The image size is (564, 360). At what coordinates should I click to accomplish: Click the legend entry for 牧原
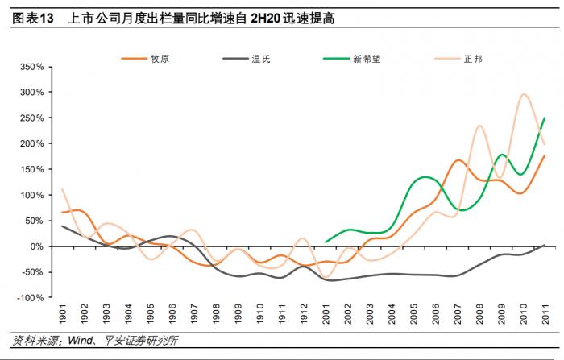[145, 59]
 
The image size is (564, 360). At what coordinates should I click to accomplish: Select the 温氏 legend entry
[247, 59]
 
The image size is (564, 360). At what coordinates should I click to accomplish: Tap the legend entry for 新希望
[352, 59]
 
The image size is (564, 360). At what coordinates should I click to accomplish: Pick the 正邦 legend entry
[458, 59]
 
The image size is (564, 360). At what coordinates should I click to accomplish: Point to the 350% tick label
[32, 67]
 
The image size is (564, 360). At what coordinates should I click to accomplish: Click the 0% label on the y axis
[37, 246]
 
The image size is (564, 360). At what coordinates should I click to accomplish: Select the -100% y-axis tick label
[31, 298]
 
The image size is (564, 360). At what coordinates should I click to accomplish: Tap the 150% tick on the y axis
[32, 169]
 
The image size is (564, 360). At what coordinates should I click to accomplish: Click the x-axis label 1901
[63, 314]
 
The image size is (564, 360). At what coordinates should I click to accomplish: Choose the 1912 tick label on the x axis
[305, 314]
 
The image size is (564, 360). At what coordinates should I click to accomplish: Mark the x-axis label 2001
[326, 314]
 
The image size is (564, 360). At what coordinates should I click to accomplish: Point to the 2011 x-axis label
[546, 314]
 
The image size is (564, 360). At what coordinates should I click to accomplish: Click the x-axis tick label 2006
[436, 314]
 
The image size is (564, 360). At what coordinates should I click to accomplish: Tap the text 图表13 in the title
[33, 19]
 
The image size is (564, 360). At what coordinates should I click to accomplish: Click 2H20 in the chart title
[265, 19]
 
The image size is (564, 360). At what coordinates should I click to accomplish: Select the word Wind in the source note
[81, 340]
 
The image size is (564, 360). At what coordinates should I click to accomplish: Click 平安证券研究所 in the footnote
[140, 340]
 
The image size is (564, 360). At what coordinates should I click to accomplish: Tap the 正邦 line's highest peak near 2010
[524, 94]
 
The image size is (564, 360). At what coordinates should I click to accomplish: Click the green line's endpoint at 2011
[545, 118]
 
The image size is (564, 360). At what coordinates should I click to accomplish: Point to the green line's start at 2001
[326, 242]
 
